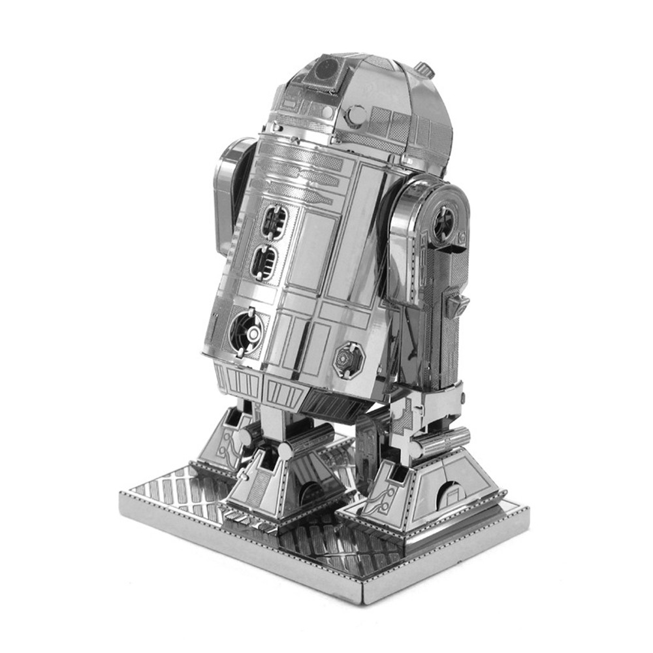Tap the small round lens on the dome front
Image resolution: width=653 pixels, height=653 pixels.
(x=356, y=116)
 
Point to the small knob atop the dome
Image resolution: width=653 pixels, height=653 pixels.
(x=424, y=68)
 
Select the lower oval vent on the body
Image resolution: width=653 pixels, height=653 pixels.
(x=264, y=263)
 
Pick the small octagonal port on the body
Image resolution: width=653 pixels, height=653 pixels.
(x=347, y=358)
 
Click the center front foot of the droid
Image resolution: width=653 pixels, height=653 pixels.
(x=284, y=483)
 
